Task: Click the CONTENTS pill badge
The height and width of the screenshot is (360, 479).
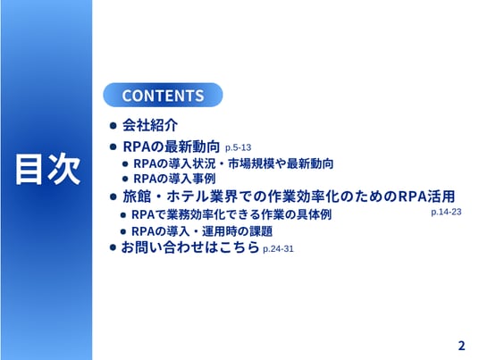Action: click(x=163, y=95)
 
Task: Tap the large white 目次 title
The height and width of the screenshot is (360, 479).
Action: click(x=48, y=169)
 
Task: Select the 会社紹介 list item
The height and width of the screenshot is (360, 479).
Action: click(x=150, y=125)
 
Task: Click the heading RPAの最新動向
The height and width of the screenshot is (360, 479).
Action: click(x=171, y=147)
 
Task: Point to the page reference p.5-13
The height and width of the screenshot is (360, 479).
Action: click(x=238, y=147)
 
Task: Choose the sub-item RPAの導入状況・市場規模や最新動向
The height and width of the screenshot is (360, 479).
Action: click(x=233, y=163)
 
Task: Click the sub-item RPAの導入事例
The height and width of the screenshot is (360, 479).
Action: click(x=174, y=179)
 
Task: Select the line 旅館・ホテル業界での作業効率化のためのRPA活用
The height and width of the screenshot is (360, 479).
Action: click(x=289, y=197)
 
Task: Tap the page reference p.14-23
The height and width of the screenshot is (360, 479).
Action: click(x=446, y=212)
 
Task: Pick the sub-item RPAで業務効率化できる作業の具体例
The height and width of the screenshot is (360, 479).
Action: click(x=231, y=214)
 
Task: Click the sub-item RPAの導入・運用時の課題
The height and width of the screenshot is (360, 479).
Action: click(x=202, y=231)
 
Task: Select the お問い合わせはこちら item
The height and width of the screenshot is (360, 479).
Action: click(x=190, y=247)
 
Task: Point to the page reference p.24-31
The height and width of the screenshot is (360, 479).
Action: click(x=278, y=249)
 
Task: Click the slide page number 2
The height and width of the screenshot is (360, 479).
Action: click(x=461, y=346)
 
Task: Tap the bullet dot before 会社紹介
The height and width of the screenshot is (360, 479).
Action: click(x=113, y=125)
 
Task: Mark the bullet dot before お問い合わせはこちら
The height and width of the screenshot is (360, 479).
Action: click(x=113, y=247)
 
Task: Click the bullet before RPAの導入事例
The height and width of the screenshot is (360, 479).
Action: click(x=125, y=179)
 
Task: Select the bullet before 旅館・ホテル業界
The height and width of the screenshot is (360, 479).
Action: click(x=113, y=197)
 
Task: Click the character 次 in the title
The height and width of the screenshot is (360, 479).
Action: click(x=64, y=169)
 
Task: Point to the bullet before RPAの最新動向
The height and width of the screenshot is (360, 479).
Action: click(x=113, y=147)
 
